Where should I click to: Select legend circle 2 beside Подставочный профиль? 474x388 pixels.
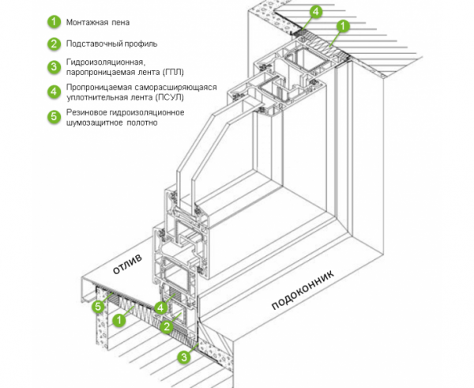click(54, 43)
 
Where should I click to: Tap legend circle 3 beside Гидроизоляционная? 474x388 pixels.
click(54, 66)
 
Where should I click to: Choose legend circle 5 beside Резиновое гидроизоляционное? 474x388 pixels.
click(54, 117)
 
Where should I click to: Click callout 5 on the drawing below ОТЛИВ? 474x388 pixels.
click(99, 306)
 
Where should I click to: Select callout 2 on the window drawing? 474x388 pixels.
click(166, 326)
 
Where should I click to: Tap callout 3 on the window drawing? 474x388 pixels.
click(184, 357)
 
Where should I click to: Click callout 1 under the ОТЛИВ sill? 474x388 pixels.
click(118, 320)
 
